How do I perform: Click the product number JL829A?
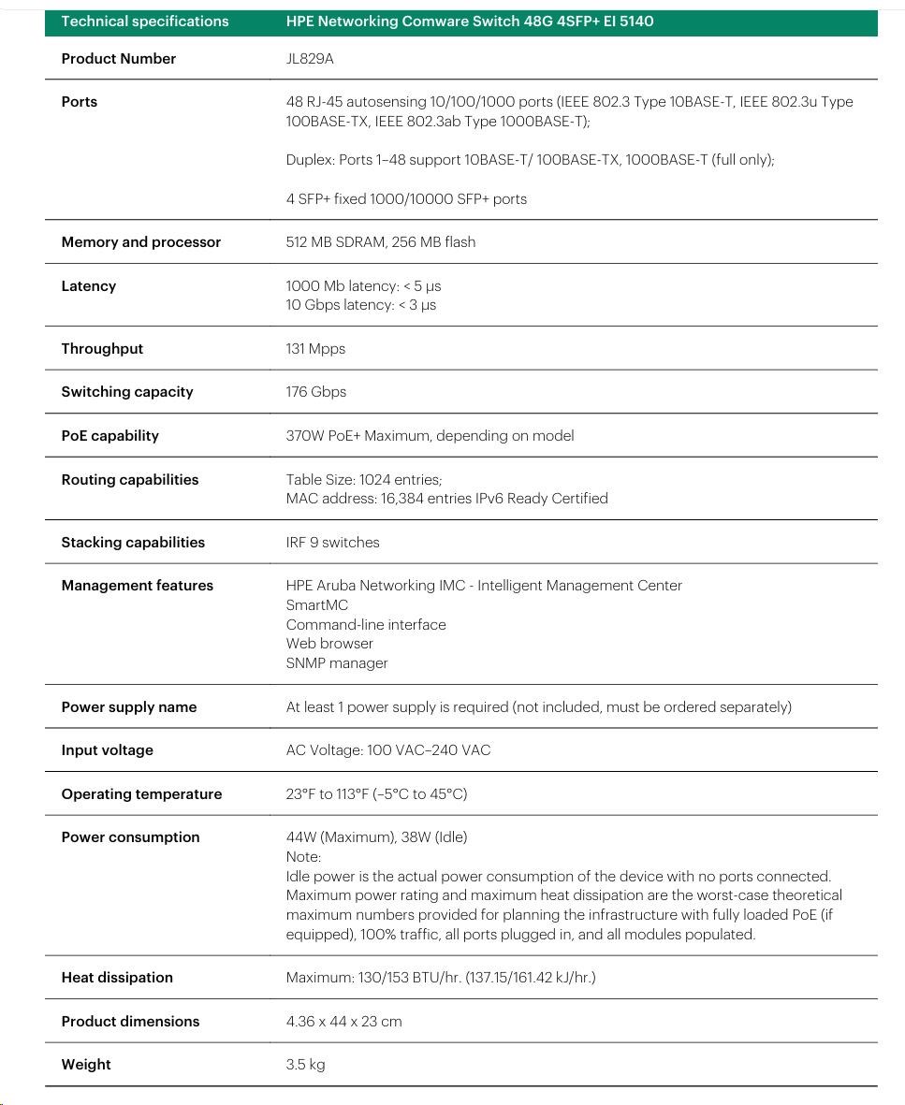tap(310, 59)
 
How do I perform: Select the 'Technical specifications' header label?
tap(145, 21)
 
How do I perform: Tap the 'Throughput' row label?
tap(102, 349)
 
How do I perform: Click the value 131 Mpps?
tap(315, 349)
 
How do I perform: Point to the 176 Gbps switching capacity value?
tap(315, 392)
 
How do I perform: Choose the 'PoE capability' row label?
tap(109, 436)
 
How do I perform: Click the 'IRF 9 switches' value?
tap(332, 543)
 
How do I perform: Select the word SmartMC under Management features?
tap(316, 605)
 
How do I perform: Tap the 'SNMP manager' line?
tap(337, 663)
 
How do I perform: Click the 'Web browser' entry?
tap(329, 644)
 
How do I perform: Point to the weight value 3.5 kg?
tap(305, 1065)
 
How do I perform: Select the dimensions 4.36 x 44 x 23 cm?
tap(343, 1022)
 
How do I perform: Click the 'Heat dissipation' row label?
tap(117, 978)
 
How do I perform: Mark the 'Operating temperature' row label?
tap(141, 794)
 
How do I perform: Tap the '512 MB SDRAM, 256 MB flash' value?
tap(380, 242)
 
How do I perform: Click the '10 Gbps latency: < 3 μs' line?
tap(360, 305)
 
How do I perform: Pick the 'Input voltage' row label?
tap(107, 750)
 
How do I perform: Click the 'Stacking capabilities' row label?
tap(133, 543)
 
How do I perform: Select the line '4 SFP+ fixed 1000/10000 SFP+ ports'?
tap(406, 199)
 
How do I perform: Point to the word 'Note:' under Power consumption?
tap(303, 857)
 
